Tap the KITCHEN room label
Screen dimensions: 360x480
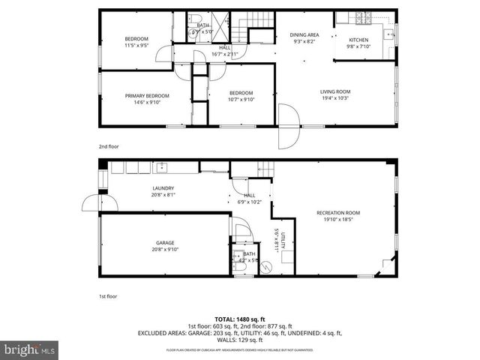tap(358, 39)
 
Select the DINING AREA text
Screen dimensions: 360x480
tap(304, 34)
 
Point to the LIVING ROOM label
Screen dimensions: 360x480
tap(335, 91)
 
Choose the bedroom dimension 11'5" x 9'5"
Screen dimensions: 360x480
tap(136, 46)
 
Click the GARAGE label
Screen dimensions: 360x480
tap(165, 242)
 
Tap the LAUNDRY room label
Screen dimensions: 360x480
tap(163, 188)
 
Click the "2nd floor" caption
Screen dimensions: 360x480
tap(108, 147)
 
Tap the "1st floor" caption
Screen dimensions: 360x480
tap(108, 296)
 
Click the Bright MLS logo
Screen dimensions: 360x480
tap(30, 349)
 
